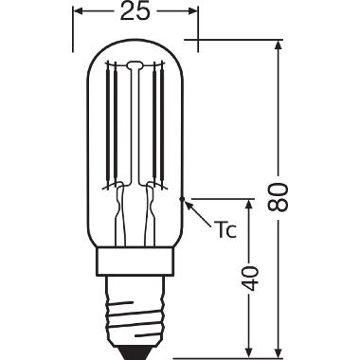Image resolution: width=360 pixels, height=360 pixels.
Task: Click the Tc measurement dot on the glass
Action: (x=181, y=199)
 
